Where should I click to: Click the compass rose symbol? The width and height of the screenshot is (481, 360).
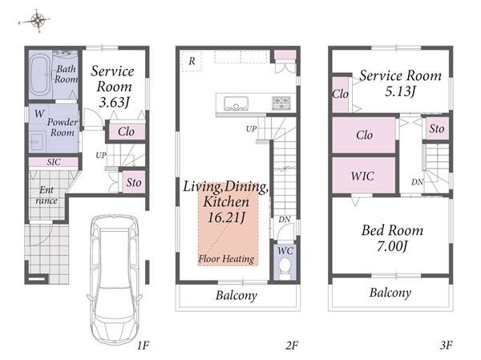point(37,21)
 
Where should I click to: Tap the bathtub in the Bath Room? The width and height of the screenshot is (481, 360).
point(40,75)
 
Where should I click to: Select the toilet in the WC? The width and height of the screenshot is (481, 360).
point(285,269)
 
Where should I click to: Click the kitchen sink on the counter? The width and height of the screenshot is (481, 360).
point(236,103)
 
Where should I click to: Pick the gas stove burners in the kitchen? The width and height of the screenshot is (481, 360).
point(281,103)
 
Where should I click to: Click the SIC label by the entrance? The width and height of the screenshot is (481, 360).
point(54,162)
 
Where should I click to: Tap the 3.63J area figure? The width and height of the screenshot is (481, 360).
point(114,102)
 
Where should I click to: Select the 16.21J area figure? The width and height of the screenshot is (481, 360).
point(226,217)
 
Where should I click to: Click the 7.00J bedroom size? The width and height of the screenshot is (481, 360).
point(392,246)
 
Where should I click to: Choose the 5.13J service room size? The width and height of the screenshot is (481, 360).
point(400,91)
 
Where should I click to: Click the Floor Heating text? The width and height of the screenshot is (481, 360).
point(226,259)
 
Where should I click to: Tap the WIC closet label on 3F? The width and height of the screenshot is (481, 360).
point(362,176)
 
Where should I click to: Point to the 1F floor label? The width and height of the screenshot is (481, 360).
point(143,346)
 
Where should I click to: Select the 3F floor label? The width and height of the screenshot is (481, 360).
point(446,346)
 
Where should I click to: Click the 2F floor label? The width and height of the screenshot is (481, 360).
point(292,346)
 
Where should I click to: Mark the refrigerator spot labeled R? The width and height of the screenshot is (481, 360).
point(192,61)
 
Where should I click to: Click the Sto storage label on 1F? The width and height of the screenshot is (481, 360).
point(134,183)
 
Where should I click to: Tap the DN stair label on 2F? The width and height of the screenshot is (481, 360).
point(285,220)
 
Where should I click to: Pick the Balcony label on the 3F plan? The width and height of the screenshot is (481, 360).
point(390,293)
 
